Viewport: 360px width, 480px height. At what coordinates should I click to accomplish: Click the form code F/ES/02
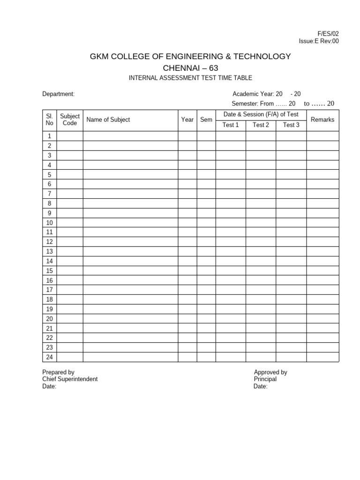[x=328, y=34]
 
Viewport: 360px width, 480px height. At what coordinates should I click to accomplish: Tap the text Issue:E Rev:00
[x=319, y=41]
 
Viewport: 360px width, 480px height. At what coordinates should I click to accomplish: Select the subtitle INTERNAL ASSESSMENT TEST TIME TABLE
[x=190, y=78]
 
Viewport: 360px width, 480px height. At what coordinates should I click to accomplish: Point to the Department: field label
[x=59, y=94]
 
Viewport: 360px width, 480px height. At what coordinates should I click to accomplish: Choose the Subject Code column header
[x=70, y=120]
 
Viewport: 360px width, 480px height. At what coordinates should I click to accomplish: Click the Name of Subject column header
[x=108, y=120]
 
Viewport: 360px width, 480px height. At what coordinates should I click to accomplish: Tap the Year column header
[x=187, y=120]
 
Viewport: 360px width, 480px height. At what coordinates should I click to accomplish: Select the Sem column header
[x=206, y=120]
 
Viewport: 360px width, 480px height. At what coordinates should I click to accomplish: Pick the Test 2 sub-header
[x=261, y=125]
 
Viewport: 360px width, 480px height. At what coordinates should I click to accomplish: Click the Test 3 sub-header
[x=291, y=125]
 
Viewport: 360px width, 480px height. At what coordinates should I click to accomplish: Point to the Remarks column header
[x=322, y=120]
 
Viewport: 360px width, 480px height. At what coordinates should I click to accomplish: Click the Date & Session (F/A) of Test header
[x=261, y=114]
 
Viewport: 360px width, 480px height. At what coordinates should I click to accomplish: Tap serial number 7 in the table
[x=49, y=194]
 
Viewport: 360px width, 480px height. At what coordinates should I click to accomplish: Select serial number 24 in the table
[x=49, y=357]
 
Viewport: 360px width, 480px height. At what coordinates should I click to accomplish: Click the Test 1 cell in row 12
[x=231, y=242]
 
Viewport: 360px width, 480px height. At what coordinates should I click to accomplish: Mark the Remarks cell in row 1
[x=322, y=136]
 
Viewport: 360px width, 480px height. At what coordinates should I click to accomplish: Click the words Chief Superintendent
[x=70, y=379]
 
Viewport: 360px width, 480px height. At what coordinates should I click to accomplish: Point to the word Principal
[x=265, y=379]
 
